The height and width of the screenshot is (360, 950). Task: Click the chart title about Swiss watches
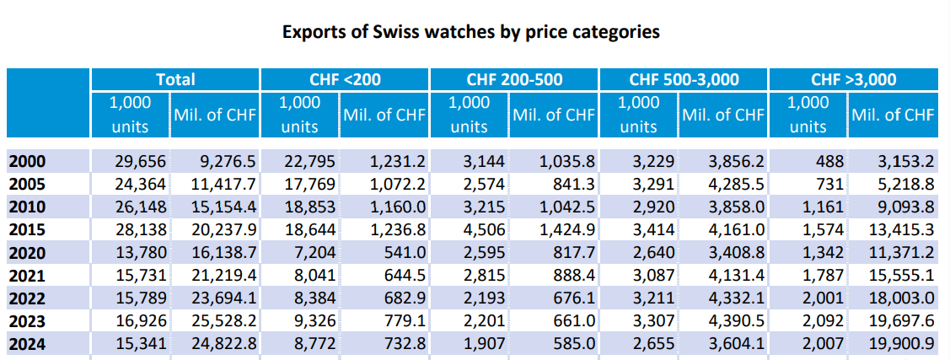tap(470, 33)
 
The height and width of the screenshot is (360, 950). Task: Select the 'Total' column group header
tap(175, 79)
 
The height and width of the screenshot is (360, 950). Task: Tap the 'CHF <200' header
tap(346, 79)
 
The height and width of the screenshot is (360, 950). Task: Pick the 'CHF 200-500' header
tap(514, 79)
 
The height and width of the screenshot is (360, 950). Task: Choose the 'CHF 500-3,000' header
tap(684, 79)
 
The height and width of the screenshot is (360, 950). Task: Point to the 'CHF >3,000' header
tap(853, 79)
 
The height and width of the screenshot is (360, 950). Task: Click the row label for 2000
tap(27, 161)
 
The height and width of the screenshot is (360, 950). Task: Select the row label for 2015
tap(27, 229)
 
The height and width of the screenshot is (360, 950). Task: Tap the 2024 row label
tap(27, 343)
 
